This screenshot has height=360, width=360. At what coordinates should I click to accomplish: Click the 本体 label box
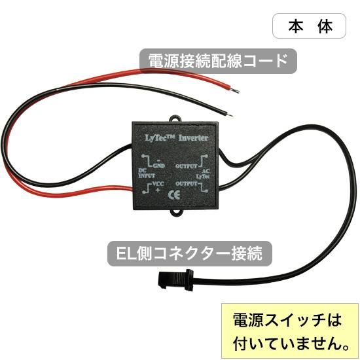pos(309,26)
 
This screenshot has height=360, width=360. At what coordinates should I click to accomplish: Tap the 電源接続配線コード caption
pos(218,61)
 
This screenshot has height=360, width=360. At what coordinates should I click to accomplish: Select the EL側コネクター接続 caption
pos(190,253)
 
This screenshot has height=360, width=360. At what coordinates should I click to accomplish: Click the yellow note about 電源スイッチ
pos(290,331)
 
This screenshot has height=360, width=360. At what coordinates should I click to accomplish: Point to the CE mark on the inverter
pos(174,195)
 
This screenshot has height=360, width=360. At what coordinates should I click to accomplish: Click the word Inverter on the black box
pos(193,138)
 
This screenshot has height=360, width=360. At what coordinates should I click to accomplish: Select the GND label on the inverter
pos(159,166)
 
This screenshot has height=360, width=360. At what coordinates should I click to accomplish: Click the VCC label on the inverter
pos(158,184)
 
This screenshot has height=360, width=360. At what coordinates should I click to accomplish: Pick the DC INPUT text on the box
pos(147,173)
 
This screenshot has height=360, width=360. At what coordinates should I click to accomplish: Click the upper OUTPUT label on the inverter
pos(186,166)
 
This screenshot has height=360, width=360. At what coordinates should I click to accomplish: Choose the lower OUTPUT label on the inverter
pos(186,184)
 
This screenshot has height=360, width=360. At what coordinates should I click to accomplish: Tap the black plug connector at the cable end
pos(175,279)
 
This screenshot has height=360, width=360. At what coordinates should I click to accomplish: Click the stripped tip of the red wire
pos(235,90)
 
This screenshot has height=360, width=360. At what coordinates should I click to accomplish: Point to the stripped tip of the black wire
pos(230,115)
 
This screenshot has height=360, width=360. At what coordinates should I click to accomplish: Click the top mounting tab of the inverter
pos(175,118)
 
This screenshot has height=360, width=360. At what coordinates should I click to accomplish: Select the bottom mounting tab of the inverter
pos(176,213)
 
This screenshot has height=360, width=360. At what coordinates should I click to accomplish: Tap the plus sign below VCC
pos(158,190)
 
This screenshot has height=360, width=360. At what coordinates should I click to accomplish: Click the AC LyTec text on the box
pos(203,174)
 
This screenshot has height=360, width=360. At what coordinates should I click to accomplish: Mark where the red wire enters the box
pos(132,189)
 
